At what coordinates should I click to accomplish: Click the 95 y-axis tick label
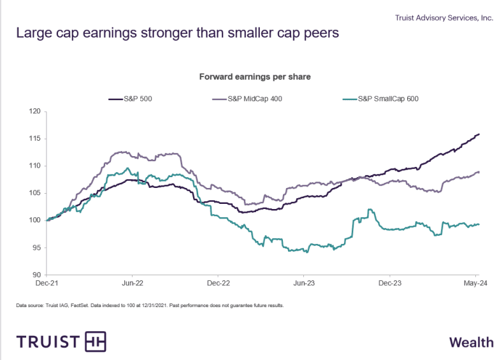36,248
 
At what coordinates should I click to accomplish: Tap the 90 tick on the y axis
36,275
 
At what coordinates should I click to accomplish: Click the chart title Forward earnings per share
255,77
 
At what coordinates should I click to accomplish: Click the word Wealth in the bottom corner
471,342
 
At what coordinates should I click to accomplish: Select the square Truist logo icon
95,342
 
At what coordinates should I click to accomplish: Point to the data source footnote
150,305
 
